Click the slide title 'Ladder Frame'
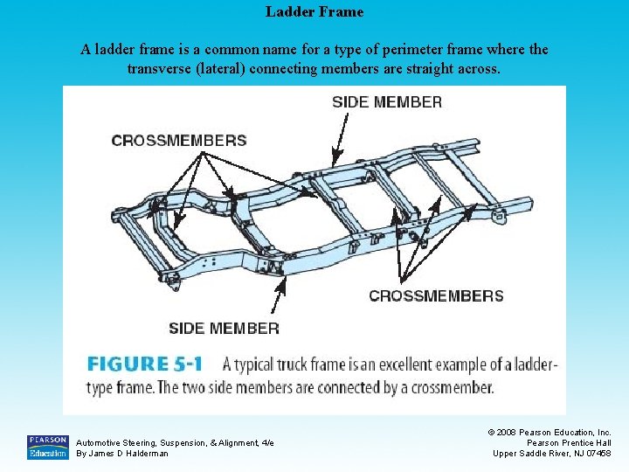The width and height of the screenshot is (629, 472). pos(314,12)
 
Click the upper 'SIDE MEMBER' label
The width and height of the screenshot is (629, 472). pos(387,102)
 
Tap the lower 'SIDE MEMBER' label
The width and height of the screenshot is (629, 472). pos(224,329)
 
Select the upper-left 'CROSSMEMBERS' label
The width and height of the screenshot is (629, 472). pos(179,140)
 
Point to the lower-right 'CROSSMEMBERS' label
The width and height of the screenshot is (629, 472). pos(436,295)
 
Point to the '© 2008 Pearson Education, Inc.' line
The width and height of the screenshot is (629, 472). pos(550,432)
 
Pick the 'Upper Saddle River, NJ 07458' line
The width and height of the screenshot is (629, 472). pos(552,453)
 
